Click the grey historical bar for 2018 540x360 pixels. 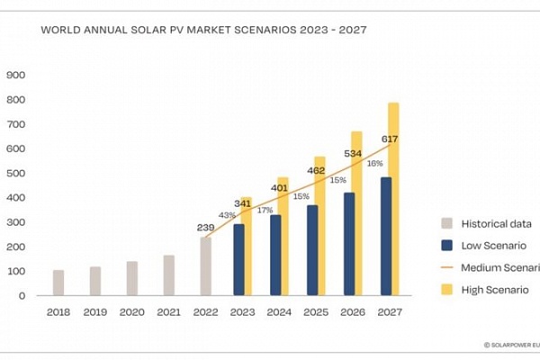pyautogui.click(x=58, y=283)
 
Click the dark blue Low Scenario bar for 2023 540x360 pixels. pyautogui.click(x=238, y=260)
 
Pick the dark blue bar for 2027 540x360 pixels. pyautogui.click(x=386, y=237)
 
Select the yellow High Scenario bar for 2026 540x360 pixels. pyautogui.click(x=357, y=162)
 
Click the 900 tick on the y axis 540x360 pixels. pyautogui.click(x=17, y=75)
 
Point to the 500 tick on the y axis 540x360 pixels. pyautogui.click(x=17, y=173)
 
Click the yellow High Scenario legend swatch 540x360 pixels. pyautogui.click(x=447, y=289)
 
